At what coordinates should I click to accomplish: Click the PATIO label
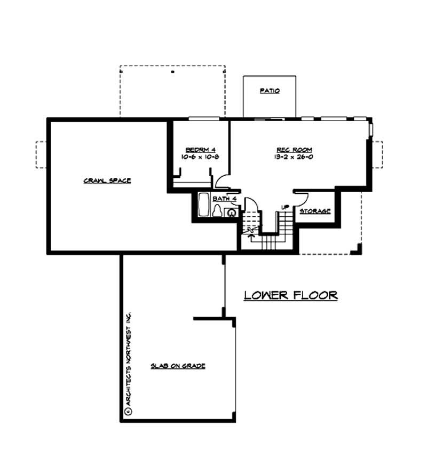[x=270, y=91]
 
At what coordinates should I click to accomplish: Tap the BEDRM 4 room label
[x=200, y=149]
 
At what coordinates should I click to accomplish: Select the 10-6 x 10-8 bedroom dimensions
[x=200, y=157]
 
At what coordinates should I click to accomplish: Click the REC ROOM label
[x=294, y=149]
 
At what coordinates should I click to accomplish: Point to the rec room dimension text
[x=294, y=157]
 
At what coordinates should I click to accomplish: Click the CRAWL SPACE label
[x=107, y=180]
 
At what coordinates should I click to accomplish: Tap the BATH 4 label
[x=225, y=199]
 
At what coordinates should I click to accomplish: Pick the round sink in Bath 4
[x=232, y=212]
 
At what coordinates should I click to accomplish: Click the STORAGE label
[x=315, y=211]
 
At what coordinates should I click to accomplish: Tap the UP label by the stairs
[x=285, y=207]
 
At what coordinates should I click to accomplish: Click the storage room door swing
[x=301, y=196]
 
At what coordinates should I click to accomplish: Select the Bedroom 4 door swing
[x=222, y=181]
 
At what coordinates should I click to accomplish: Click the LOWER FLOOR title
[x=291, y=295]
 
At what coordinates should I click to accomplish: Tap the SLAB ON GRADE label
[x=178, y=366]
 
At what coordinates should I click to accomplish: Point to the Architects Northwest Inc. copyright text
[x=128, y=363]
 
